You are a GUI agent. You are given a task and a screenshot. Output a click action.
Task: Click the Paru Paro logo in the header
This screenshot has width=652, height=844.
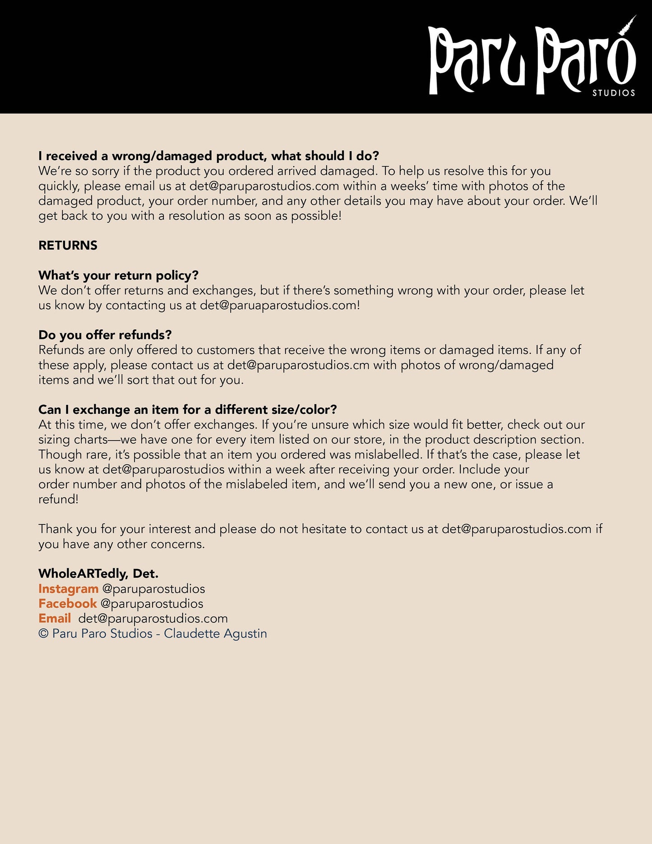(x=532, y=59)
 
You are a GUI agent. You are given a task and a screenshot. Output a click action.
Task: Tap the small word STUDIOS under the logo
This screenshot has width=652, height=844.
(x=614, y=93)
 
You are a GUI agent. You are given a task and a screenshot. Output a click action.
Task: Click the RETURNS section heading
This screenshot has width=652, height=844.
(x=68, y=246)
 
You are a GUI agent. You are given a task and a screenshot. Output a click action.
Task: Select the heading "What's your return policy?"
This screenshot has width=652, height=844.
(x=118, y=275)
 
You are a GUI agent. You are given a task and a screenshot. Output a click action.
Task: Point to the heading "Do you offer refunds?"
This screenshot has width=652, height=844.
(x=105, y=335)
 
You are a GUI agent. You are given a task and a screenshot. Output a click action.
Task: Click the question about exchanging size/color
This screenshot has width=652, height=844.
(x=187, y=410)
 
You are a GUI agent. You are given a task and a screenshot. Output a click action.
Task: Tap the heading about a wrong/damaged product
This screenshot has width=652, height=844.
(x=208, y=156)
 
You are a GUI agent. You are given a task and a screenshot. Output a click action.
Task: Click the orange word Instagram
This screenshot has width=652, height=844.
(x=68, y=589)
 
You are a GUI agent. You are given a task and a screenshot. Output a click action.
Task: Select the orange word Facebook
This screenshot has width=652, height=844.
(x=67, y=604)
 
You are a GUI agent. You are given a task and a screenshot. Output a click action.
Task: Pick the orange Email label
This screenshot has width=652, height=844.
(x=55, y=619)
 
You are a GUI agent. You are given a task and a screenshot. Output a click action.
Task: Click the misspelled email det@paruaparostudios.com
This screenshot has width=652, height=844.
(x=280, y=306)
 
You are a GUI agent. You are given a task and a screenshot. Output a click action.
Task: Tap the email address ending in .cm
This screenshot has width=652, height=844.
(x=298, y=365)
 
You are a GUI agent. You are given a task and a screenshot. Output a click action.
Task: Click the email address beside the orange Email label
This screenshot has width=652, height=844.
(x=153, y=619)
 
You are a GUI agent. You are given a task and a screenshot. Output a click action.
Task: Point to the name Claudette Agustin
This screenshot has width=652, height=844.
(x=215, y=634)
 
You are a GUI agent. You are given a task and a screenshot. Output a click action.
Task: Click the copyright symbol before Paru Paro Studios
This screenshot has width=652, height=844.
(x=43, y=634)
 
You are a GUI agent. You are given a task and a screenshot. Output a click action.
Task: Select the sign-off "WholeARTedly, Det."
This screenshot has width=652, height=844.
(x=98, y=574)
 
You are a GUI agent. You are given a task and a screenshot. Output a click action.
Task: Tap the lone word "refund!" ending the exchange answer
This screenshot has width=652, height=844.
(x=58, y=499)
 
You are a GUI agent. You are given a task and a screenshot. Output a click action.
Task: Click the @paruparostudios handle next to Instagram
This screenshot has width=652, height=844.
(x=153, y=589)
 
